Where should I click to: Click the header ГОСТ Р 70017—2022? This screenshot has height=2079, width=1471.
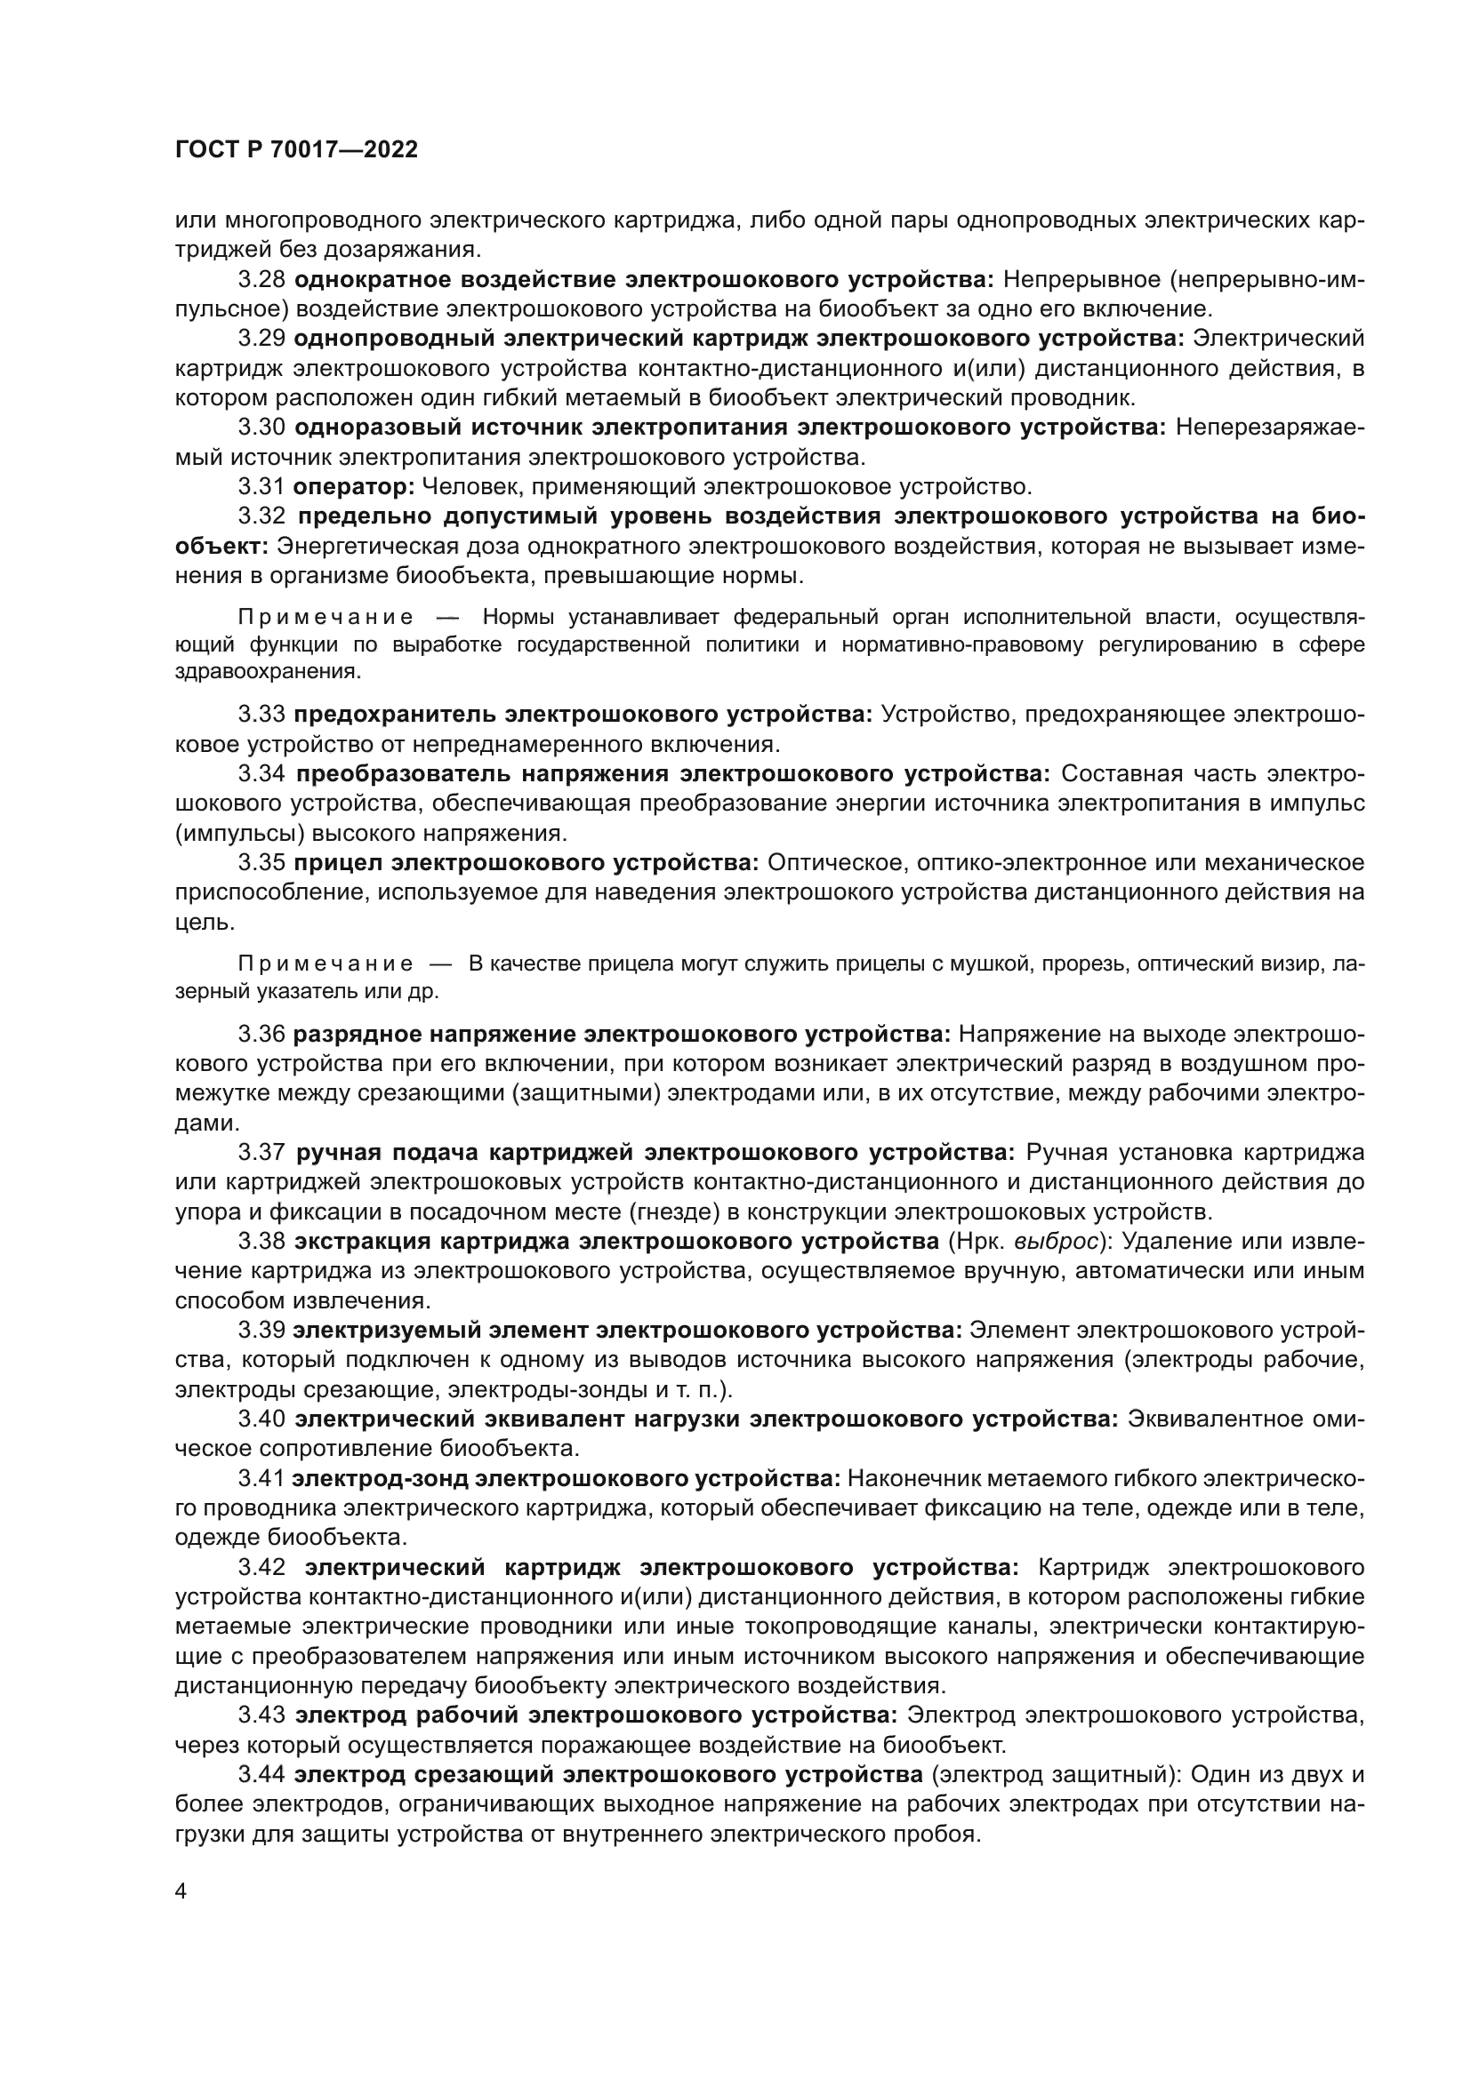pyautogui.click(x=296, y=150)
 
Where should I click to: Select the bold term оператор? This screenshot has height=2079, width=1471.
pyautogui.click(x=353, y=487)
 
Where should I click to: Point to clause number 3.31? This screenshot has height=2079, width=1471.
pyautogui.click(x=261, y=487)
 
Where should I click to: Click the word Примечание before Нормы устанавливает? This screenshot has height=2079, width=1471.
pyautogui.click(x=326, y=618)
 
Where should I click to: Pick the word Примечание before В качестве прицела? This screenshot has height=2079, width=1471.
pyautogui.click(x=326, y=963)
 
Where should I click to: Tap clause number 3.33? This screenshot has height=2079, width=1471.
pyautogui.click(x=261, y=715)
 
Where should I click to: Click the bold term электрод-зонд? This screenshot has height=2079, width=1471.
pyautogui.click(x=380, y=1479)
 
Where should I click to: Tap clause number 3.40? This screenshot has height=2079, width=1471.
pyautogui.click(x=261, y=1419)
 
